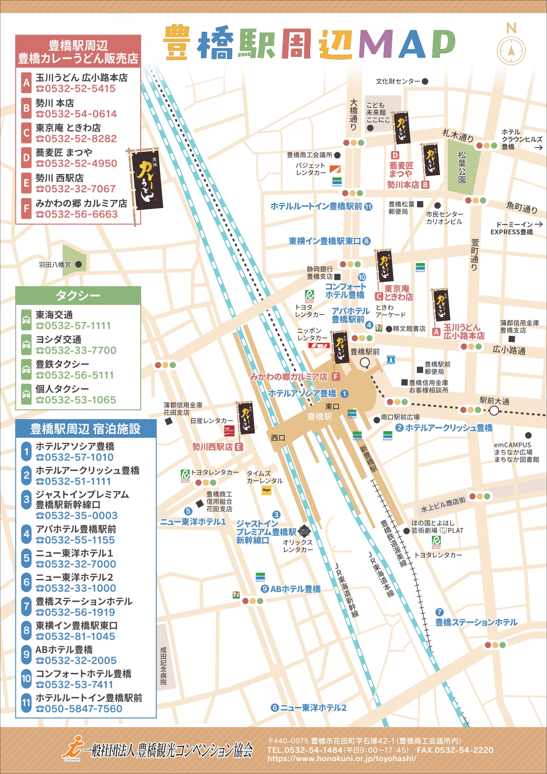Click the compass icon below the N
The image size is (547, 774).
[x=511, y=51]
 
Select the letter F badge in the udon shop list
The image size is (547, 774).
[x=26, y=209]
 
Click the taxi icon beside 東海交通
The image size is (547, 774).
[x=26, y=320]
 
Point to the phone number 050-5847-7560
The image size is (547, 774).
[x=79, y=709]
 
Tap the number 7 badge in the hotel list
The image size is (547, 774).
[x=26, y=607]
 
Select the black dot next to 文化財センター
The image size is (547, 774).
[x=425, y=81]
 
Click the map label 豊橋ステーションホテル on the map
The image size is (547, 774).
[x=476, y=622]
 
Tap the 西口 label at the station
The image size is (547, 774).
[x=278, y=438]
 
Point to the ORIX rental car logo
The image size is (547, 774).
[x=304, y=530]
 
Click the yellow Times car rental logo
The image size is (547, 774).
[x=266, y=490]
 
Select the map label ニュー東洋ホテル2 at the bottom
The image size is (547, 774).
[x=313, y=708]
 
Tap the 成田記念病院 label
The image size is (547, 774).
[x=164, y=666]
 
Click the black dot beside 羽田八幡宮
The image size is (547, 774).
[x=78, y=264]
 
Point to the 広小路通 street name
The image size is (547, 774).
[x=509, y=350]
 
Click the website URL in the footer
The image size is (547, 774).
[x=342, y=759]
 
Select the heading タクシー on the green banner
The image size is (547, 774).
[x=78, y=295]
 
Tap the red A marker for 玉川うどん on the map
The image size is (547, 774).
[x=436, y=332]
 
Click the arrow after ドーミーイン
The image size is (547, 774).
[x=538, y=224]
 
